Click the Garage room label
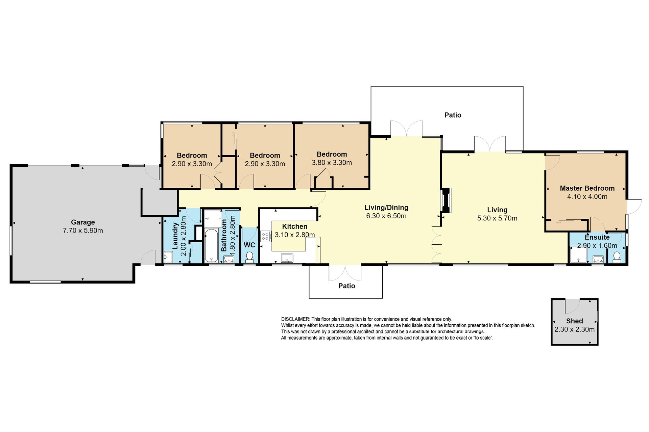(83, 222)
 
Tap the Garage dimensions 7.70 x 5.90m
(83, 231)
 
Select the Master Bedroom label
(587, 188)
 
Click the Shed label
(575, 321)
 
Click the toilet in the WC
(250, 257)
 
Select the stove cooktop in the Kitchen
(266, 236)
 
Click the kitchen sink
(287, 258)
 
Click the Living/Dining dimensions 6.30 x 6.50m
(386, 216)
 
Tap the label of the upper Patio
(453, 115)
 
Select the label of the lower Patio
(347, 286)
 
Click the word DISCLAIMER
(295, 319)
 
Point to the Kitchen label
(295, 226)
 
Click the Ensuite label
(597, 237)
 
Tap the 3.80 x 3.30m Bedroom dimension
(332, 163)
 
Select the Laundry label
(175, 236)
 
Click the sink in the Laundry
(168, 257)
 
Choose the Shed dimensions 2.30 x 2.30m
(575, 329)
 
